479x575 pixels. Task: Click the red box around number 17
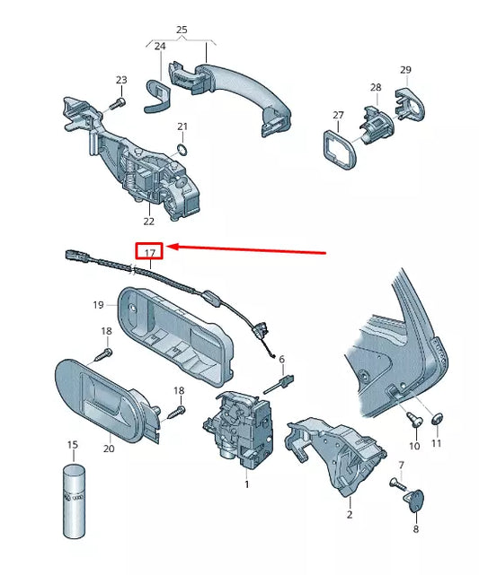[149, 251]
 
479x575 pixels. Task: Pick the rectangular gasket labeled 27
[338, 147]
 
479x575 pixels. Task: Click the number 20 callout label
[108, 449]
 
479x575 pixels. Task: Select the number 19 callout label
[99, 305]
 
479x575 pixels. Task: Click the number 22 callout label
[147, 221]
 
